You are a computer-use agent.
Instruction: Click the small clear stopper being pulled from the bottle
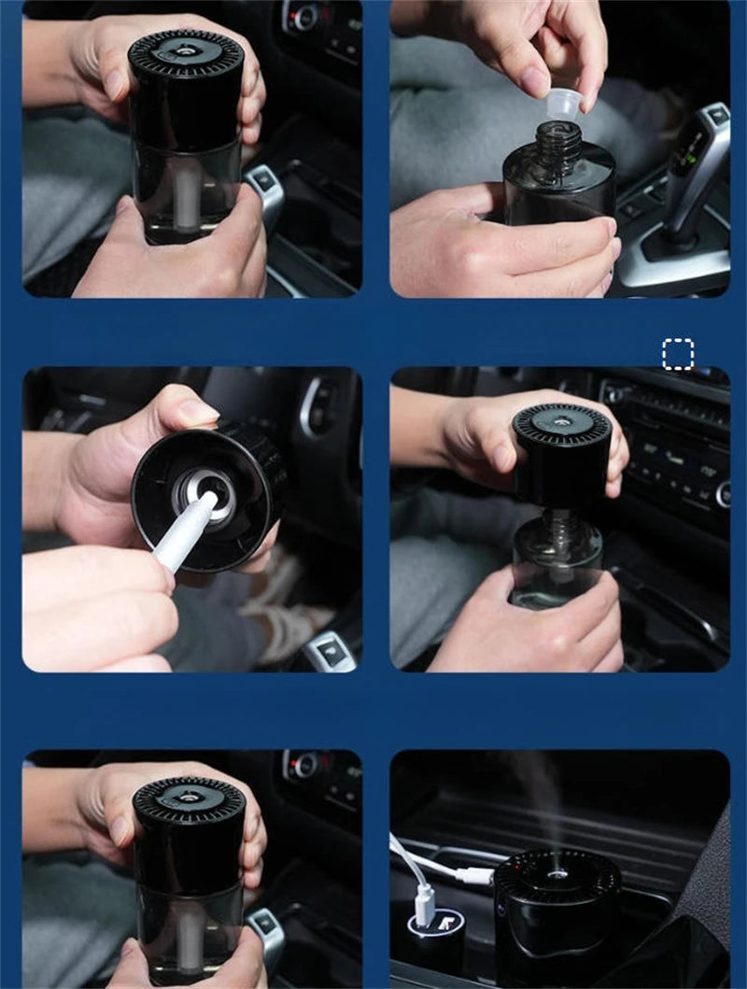click(x=559, y=105)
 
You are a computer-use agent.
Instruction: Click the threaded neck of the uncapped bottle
click(x=558, y=140)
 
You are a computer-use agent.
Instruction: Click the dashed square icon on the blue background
click(x=678, y=355)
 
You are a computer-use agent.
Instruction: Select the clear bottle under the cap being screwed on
click(x=558, y=560)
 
